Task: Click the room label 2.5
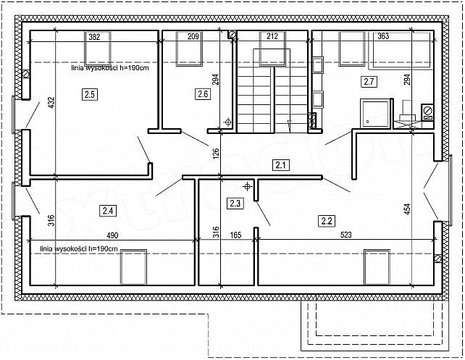click(x=90, y=95)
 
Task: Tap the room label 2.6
click(x=203, y=94)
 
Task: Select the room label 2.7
click(x=369, y=82)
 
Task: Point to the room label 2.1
click(x=280, y=165)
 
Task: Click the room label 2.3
click(x=235, y=204)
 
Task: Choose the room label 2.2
click(x=327, y=221)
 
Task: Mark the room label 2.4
click(x=108, y=211)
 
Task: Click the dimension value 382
click(x=94, y=37)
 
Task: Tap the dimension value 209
click(x=193, y=36)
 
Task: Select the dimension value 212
click(x=272, y=36)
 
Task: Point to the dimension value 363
click(x=383, y=36)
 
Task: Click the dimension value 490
click(x=112, y=235)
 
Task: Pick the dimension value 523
click(x=345, y=235)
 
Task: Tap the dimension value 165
click(x=236, y=235)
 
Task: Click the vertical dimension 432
click(x=51, y=103)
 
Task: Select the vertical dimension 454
click(x=407, y=209)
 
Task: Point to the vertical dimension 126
click(x=216, y=154)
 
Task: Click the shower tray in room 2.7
click(x=375, y=114)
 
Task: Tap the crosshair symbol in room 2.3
click(x=247, y=187)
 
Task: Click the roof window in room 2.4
click(x=133, y=267)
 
